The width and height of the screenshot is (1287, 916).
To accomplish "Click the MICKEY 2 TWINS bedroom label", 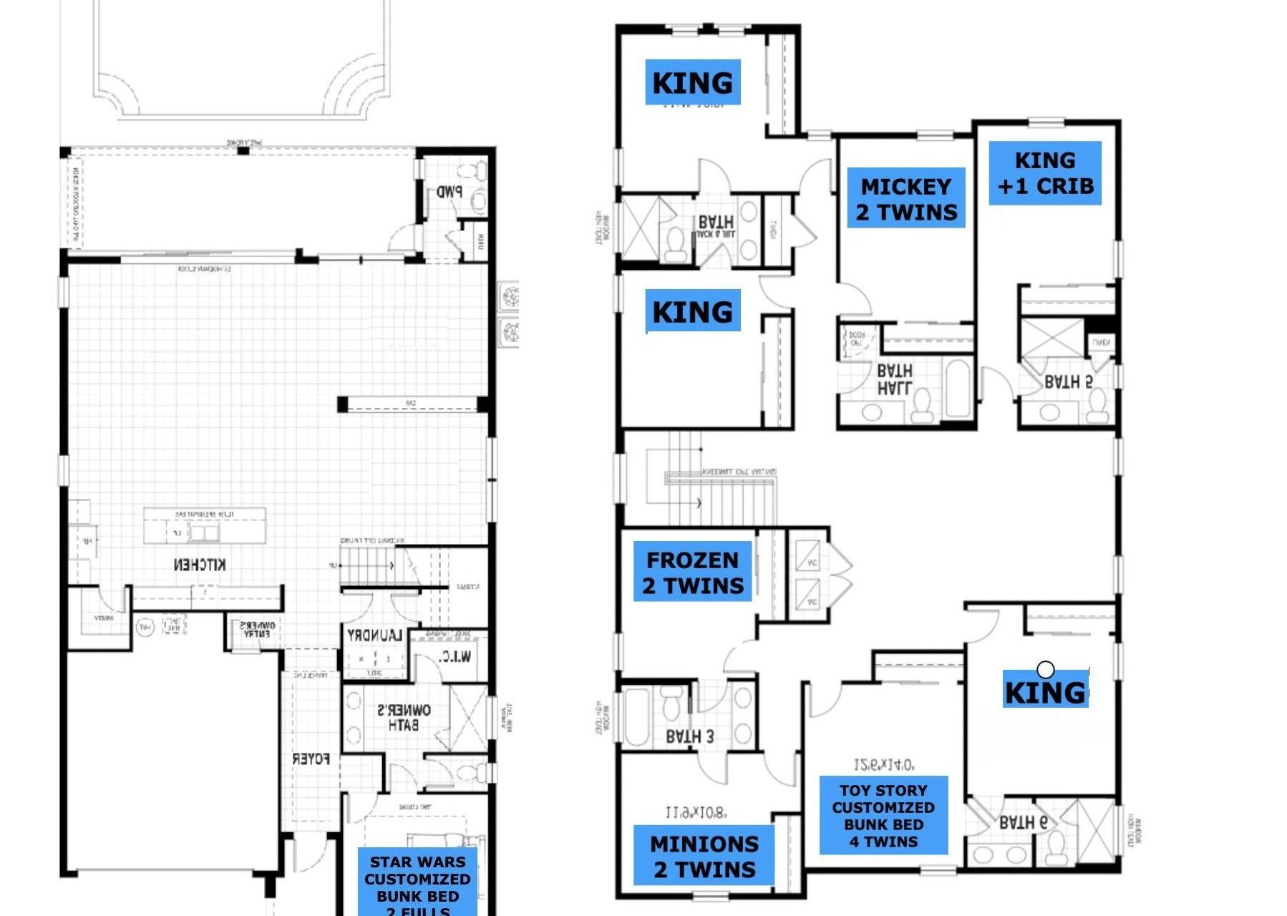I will (905, 198).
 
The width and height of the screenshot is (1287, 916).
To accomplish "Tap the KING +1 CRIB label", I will (1044, 173).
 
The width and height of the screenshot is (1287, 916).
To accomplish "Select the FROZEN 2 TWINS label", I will (692, 572).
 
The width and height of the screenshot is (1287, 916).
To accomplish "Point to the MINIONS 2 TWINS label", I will (704, 856).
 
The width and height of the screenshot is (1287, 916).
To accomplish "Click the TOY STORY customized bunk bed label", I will (883, 815).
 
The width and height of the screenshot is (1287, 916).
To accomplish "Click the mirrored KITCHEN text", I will (200, 565).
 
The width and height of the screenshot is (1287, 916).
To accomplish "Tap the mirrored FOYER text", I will (311, 759).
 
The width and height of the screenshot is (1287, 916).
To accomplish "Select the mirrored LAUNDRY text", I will (374, 635).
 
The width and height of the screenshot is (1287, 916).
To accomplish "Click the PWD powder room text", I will (450, 192).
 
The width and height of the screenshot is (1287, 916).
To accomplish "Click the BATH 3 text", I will (689, 736).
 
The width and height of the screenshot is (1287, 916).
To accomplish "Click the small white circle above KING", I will (1045, 669).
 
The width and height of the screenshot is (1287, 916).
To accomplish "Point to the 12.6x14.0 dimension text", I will (883, 765).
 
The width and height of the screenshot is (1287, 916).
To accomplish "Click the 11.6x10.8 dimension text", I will (696, 813).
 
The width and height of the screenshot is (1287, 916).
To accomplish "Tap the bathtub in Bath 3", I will (636, 717).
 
